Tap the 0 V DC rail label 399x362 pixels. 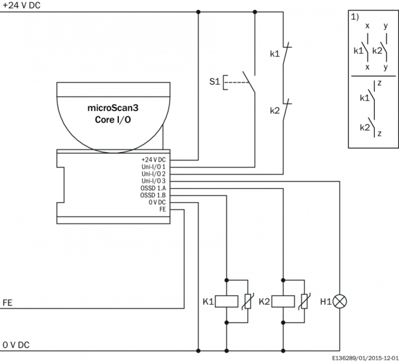(x=16, y=345)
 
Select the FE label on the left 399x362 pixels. (x=8, y=302)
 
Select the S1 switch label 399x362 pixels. (x=213, y=81)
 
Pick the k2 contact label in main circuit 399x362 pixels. (x=275, y=111)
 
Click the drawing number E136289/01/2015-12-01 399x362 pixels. (x=364, y=357)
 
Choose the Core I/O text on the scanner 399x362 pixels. (x=113, y=119)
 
